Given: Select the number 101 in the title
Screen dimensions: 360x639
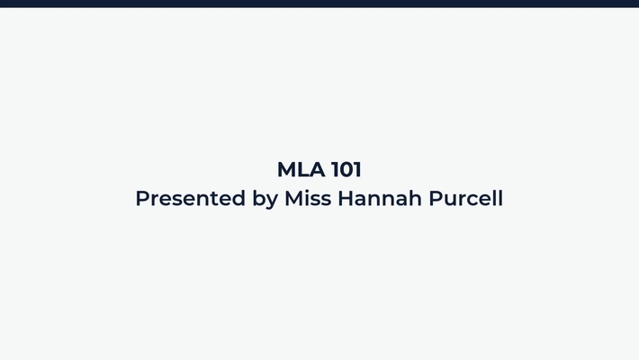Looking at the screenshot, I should [x=346, y=169].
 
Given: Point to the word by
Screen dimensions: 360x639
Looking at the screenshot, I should [x=265, y=199].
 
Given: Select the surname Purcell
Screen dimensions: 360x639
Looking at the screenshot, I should [x=465, y=198].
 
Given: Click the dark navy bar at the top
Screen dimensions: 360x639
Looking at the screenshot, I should [x=319, y=4].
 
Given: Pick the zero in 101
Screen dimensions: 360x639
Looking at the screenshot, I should [x=346, y=169].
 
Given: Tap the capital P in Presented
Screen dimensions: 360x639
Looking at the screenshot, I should [x=142, y=198].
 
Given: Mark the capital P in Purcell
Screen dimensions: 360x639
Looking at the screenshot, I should [x=436, y=198].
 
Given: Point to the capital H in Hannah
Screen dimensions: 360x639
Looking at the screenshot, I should [x=346, y=198].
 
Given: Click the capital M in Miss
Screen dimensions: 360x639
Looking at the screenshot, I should [x=294, y=198].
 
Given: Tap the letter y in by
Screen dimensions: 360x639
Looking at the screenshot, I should [x=272, y=201].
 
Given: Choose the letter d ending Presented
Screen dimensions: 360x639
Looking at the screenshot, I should [x=239, y=198].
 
